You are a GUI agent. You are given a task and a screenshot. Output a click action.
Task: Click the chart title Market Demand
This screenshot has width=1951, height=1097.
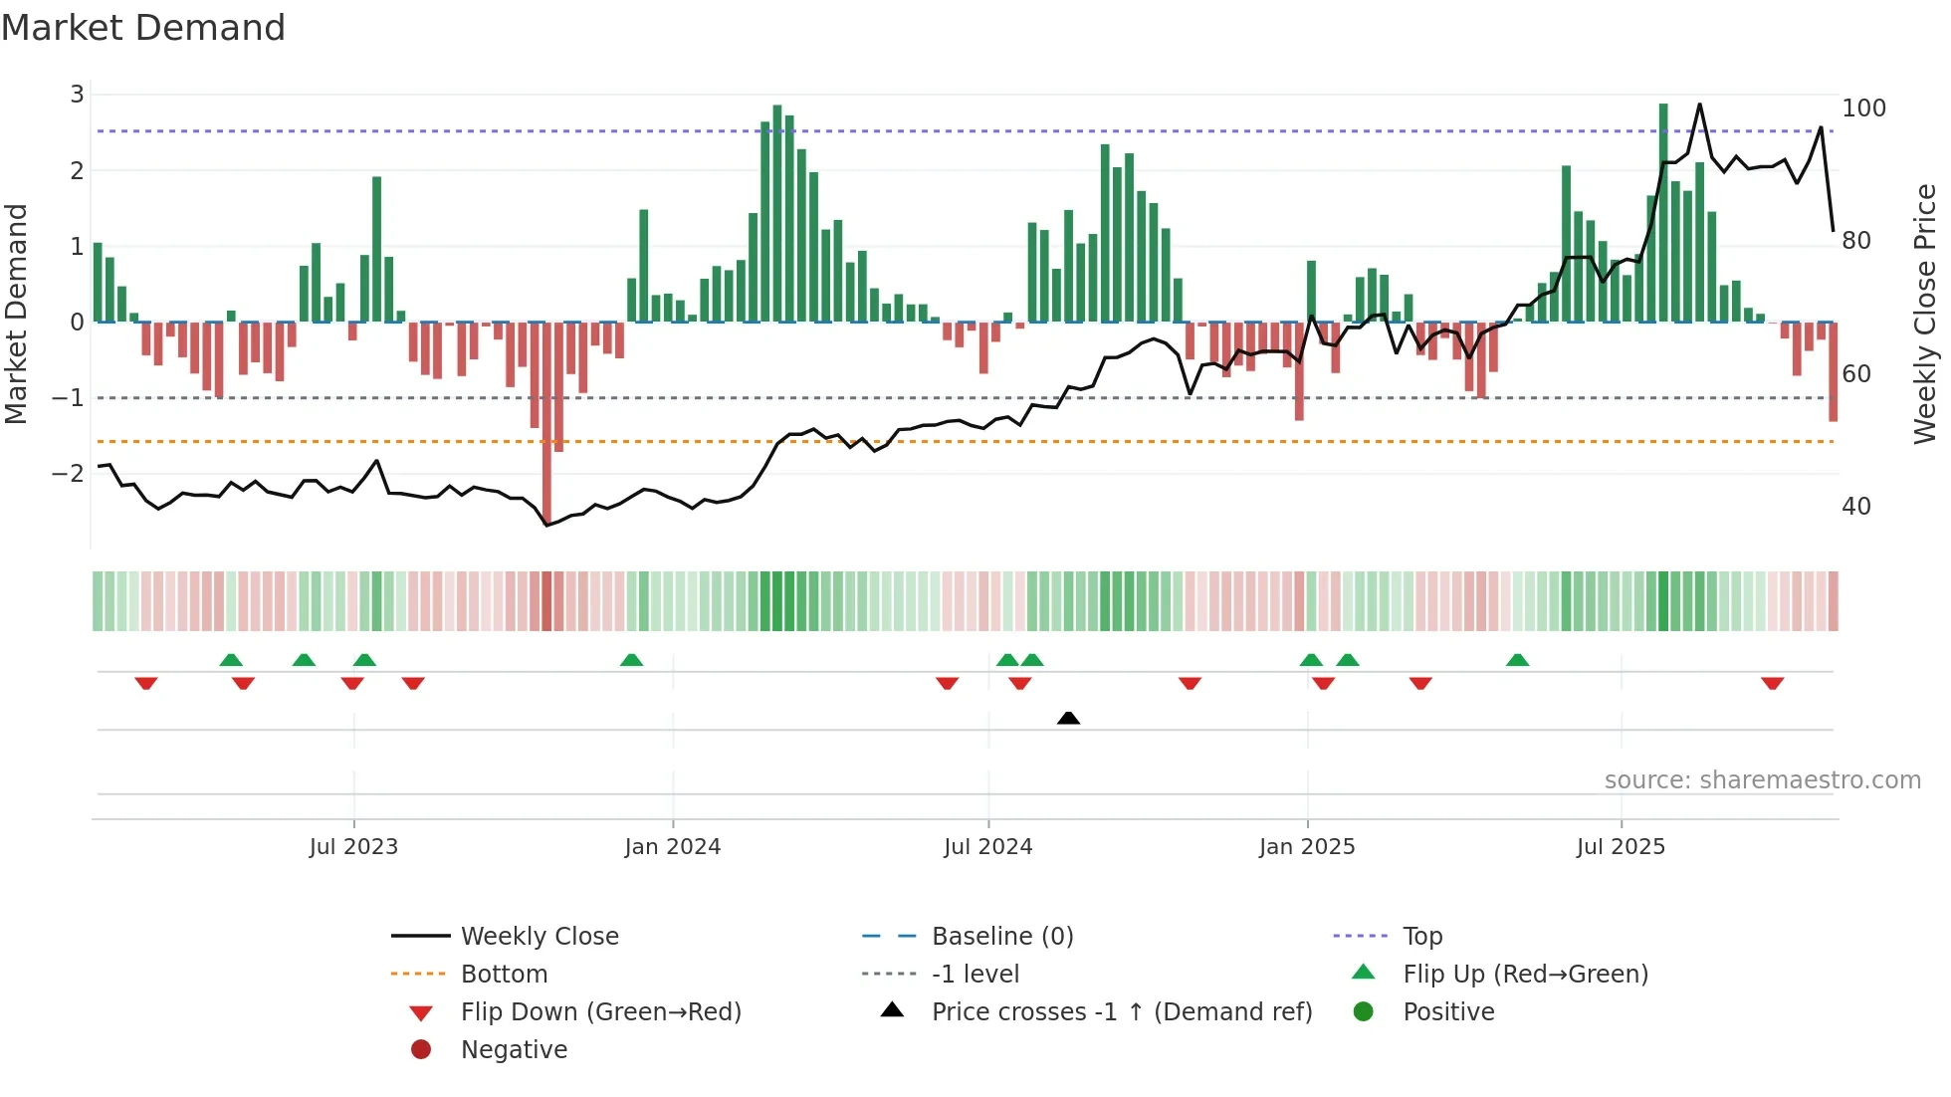click(143, 28)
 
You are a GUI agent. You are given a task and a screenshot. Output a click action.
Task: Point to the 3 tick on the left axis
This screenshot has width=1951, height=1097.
click(77, 95)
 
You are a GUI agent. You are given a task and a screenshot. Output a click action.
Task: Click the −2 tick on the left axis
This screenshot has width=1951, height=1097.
click(69, 473)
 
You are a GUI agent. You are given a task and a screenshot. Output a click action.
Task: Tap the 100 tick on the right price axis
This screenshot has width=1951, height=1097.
click(1863, 108)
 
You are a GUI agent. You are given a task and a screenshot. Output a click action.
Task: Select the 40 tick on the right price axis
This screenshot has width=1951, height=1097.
click(1855, 507)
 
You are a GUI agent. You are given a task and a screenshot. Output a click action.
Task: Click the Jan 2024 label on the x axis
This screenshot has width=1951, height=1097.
click(672, 847)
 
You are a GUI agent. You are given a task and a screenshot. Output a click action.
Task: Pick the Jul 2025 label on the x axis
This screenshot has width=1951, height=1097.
click(1620, 847)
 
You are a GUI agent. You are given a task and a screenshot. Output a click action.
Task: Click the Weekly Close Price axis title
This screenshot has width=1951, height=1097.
click(1925, 314)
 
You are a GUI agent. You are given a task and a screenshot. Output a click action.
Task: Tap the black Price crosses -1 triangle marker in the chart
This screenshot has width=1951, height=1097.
click(1068, 718)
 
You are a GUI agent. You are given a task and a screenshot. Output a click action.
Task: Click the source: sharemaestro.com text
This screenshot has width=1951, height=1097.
click(1762, 780)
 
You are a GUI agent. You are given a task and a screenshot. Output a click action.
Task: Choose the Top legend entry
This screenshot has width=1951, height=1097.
click(1421, 937)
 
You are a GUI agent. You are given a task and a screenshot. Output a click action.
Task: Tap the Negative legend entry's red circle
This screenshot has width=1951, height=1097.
click(421, 1050)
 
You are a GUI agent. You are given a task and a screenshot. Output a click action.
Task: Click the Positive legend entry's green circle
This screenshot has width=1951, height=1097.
click(1364, 1012)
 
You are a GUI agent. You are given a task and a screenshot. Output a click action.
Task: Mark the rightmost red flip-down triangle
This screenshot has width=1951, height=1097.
click(1772, 684)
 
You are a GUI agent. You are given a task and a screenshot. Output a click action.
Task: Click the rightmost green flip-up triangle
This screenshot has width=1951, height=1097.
click(1517, 660)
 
